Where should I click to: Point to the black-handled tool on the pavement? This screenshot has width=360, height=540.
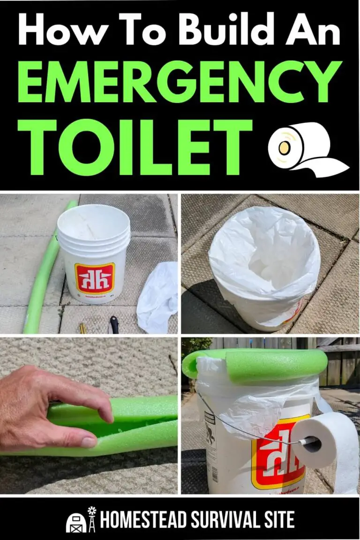click(x=113, y=325)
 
